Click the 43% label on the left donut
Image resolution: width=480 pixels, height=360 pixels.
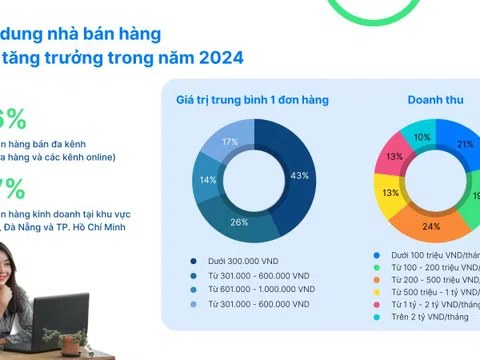tap(299, 176)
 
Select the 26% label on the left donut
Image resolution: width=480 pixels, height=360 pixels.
tap(240, 221)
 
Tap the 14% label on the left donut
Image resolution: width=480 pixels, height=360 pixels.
tap(209, 180)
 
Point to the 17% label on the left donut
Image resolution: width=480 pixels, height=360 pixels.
tap(231, 143)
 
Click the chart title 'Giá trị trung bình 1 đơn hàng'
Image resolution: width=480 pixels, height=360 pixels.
tap(252, 100)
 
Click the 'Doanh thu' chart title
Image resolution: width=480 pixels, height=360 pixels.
tap(433, 100)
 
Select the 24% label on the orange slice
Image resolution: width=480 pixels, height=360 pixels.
tap(431, 226)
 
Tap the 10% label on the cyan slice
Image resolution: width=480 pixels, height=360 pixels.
tap(423, 137)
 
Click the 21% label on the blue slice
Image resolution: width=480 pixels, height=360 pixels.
tap(465, 145)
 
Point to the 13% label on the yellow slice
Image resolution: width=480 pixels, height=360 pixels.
tap(391, 193)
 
